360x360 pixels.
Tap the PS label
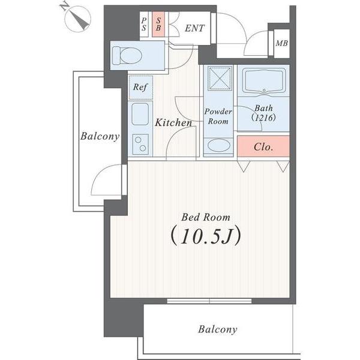click(144, 24)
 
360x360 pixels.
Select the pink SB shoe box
click(158, 24)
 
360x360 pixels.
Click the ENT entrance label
click(194, 28)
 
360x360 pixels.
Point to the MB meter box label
click(282, 43)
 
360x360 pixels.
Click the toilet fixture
click(127, 55)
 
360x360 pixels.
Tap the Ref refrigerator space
click(140, 88)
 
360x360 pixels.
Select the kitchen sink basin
click(140, 114)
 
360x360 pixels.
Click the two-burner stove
click(140, 144)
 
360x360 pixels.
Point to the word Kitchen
click(173, 122)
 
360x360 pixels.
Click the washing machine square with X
click(220, 78)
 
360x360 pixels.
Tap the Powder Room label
click(218, 116)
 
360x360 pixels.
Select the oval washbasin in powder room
click(218, 146)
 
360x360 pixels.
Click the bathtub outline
click(264, 82)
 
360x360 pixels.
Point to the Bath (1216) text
click(263, 113)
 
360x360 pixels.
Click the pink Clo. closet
click(263, 146)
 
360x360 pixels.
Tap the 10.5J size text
click(206, 236)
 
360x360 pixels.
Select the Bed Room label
click(206, 217)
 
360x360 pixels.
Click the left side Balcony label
click(100, 136)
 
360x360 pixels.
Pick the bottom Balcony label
click(217, 329)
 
